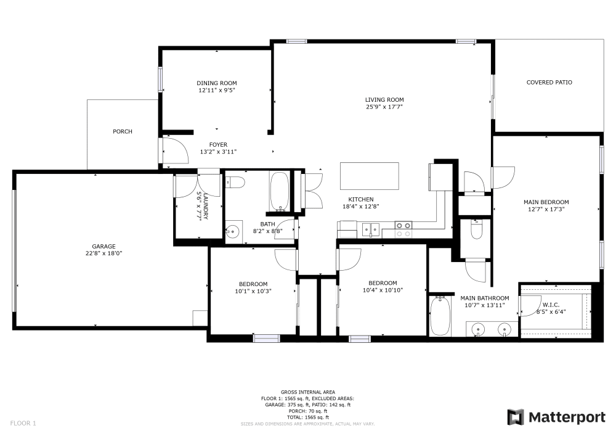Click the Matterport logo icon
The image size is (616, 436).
[x=516, y=417]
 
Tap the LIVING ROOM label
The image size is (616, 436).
[x=384, y=100]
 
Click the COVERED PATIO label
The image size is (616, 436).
[x=549, y=82]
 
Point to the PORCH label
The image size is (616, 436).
[x=122, y=131]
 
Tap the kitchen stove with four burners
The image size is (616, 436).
[x=403, y=229]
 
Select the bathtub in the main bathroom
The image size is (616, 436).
[x=439, y=316]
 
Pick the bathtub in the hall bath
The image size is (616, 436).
[x=279, y=191]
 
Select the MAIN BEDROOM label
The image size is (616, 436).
[x=546, y=202]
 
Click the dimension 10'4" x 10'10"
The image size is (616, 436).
[x=382, y=290]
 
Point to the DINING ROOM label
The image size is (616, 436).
[x=216, y=83]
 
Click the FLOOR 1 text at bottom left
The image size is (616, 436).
[x=23, y=423]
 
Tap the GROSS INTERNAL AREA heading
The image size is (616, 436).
[x=307, y=392]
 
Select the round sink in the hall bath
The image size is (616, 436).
[x=232, y=232]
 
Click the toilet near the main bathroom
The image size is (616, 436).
[x=476, y=230]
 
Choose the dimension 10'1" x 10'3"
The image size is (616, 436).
[x=253, y=291]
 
